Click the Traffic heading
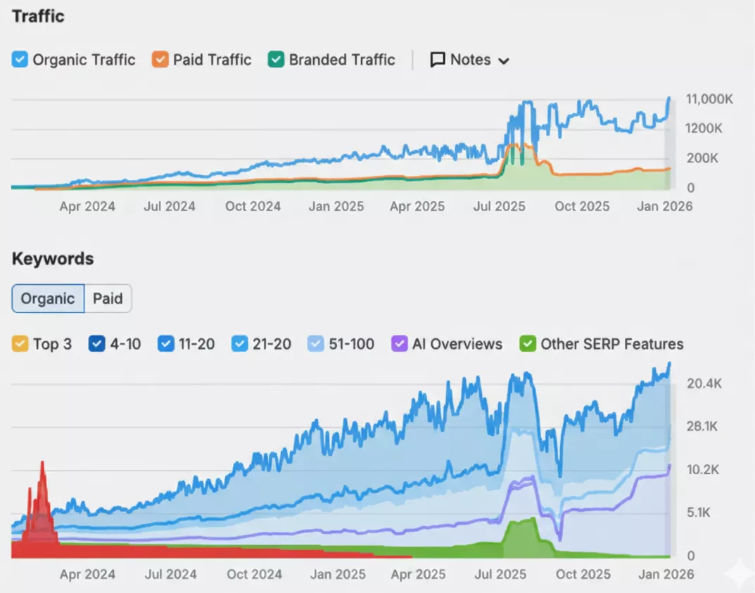[x=38, y=16]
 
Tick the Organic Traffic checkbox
[x=20, y=60]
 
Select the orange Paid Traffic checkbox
[x=160, y=60]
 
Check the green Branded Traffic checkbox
[x=276, y=60]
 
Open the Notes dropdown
[x=469, y=60]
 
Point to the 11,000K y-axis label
[x=709, y=99]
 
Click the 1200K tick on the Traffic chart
[x=704, y=129]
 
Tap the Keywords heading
[x=53, y=259]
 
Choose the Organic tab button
[x=48, y=298]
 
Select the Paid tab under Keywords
[x=108, y=298]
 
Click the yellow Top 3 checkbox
[x=20, y=344]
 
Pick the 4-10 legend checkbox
[x=96, y=344]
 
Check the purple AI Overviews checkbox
[x=400, y=344]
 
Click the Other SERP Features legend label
[x=611, y=344]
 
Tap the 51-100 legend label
[x=351, y=344]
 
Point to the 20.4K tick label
[x=704, y=384]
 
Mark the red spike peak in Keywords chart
[x=42, y=462]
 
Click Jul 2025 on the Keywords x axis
[x=500, y=574]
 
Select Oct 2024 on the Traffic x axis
[x=253, y=206]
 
